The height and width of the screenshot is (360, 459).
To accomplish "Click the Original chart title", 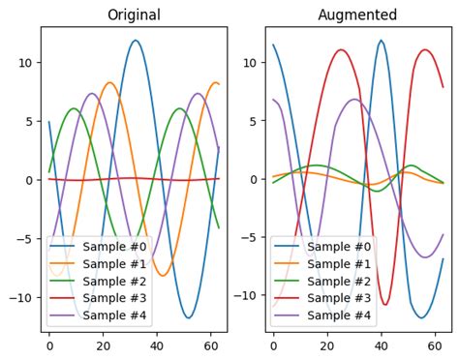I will (x=134, y=15).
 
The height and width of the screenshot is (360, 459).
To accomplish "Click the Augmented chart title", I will (x=357, y=15).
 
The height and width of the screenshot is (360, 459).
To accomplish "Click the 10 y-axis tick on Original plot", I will (x=26, y=63).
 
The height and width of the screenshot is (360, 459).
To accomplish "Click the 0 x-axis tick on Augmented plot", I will (x=273, y=345).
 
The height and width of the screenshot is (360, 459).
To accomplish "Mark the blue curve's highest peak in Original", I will (x=135, y=41).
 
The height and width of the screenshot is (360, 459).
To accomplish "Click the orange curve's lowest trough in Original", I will (x=162, y=276).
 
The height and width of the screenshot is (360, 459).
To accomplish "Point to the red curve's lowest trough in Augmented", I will (x=385, y=305).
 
